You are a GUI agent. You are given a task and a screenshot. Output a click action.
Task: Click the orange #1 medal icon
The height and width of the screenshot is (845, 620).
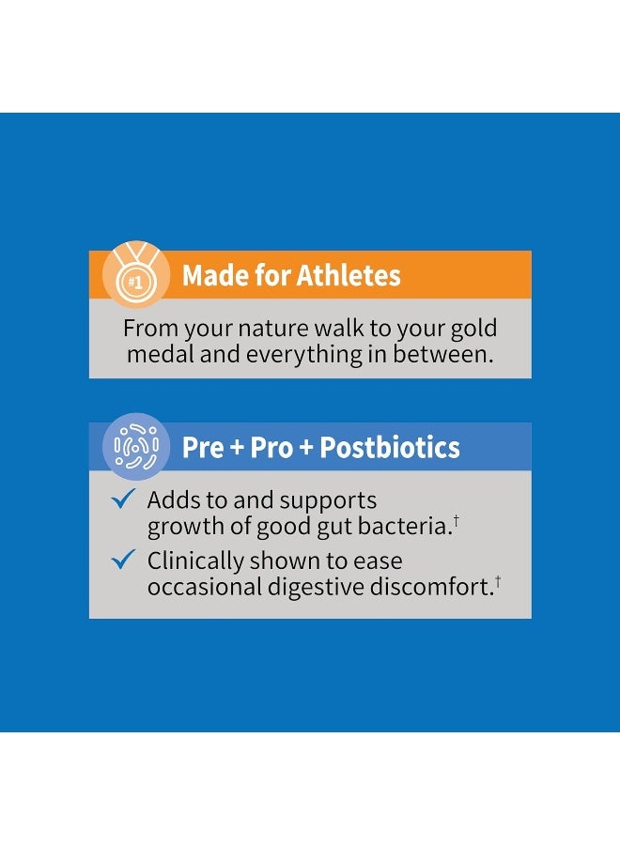click(136, 275)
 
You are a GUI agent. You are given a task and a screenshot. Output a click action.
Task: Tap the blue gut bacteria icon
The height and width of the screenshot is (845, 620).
click(136, 447)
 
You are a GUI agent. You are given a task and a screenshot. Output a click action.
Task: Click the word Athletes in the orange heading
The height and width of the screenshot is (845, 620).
click(349, 276)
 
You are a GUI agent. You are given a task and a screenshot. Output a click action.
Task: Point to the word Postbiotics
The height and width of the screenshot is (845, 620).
click(390, 448)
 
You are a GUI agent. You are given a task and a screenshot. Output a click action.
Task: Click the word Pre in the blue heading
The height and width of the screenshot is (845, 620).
click(203, 448)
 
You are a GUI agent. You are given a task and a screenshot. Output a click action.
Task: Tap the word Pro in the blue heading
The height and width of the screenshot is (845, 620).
click(271, 448)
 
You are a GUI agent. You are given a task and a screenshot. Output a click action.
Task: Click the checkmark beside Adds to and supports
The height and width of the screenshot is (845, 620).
click(124, 499)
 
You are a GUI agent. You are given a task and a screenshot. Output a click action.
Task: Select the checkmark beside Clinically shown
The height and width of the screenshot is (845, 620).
click(124, 560)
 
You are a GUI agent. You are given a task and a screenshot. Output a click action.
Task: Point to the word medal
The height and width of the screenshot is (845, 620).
click(157, 355)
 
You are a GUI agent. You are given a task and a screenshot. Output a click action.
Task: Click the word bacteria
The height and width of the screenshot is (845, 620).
click(404, 527)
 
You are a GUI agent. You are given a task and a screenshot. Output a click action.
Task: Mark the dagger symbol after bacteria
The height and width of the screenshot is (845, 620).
click(456, 519)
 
